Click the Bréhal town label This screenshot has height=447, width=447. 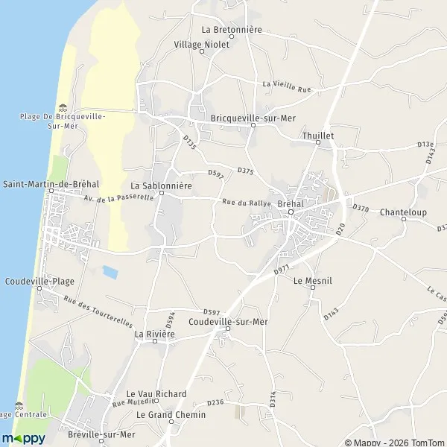pos(290,203)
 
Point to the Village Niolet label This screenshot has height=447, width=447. pos(202,44)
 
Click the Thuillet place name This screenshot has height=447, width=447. pos(318,136)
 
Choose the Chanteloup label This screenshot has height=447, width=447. pos(402,212)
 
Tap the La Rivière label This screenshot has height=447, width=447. pos(154,335)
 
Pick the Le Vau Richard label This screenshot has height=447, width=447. pos(156,393)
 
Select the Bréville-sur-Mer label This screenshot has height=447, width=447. pos(100,434)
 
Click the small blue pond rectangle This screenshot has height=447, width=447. pos(110,272)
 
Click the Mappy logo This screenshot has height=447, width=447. pos(23,437)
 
